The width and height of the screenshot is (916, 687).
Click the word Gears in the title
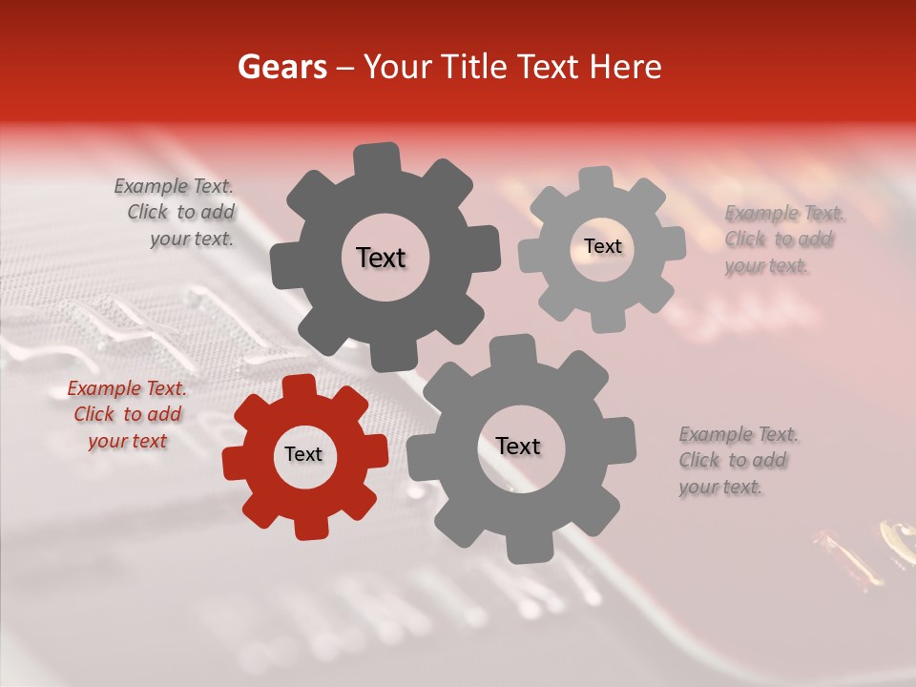[x=281, y=67]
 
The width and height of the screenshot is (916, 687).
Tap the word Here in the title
[x=626, y=67]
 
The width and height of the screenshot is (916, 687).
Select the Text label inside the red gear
[x=303, y=455]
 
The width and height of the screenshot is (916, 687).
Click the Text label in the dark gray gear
[x=381, y=258]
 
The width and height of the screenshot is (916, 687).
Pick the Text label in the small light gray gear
[x=602, y=246]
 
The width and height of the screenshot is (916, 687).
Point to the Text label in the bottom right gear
[x=518, y=447]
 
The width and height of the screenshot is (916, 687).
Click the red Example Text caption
[x=127, y=415]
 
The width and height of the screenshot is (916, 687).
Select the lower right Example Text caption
[x=737, y=461]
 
